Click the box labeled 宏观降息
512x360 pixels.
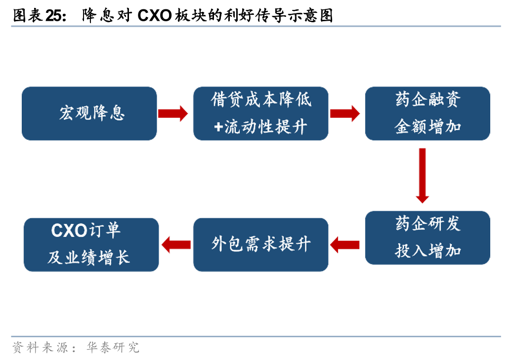tap(89, 114)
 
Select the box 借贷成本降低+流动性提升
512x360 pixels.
tap(260, 114)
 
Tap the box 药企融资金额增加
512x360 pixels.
tap(427, 114)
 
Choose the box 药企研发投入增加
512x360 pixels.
tap(427, 237)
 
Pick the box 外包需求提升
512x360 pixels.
tap(260, 244)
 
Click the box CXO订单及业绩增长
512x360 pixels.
tap(91, 244)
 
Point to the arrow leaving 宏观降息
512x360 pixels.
tap(172, 114)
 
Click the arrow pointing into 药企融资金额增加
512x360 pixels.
tap(344, 114)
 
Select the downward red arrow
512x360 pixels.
tap(422, 176)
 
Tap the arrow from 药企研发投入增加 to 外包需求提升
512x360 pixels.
tap(344, 244)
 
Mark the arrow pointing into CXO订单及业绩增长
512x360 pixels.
tap(176, 244)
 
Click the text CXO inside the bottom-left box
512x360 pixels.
tap(69, 230)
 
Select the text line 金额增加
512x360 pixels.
tap(427, 127)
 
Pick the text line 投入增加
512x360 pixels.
tap(427, 250)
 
